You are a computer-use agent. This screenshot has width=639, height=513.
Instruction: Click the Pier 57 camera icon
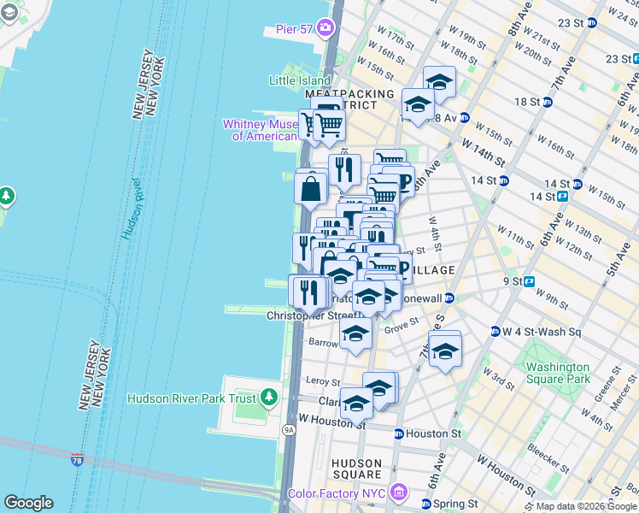tap(325, 29)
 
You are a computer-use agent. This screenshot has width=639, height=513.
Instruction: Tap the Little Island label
tap(299, 81)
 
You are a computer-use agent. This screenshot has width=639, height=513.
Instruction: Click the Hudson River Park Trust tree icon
tap(269, 398)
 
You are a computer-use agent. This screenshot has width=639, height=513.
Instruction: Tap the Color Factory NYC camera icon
tap(397, 492)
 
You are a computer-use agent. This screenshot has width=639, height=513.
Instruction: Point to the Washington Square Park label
tap(553, 372)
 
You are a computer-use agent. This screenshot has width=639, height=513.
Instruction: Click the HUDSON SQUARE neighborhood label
tap(357, 469)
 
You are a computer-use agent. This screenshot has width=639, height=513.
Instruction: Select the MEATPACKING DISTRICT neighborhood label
tap(349, 98)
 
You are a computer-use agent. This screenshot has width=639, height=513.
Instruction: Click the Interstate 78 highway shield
tap(78, 461)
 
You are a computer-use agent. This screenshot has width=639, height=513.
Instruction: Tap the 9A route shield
tap(290, 430)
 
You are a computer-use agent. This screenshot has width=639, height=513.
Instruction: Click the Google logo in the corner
tap(28, 503)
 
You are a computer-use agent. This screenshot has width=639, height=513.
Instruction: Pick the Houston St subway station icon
tap(399, 434)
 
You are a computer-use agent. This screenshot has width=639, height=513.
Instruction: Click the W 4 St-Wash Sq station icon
tap(495, 332)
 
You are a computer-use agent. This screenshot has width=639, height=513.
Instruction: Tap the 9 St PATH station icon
tap(529, 280)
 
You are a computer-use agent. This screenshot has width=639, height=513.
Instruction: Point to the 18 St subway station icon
tap(547, 102)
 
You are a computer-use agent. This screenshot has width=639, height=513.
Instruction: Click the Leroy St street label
tap(323, 382)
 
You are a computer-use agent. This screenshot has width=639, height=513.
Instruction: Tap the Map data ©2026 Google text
tap(586, 506)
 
